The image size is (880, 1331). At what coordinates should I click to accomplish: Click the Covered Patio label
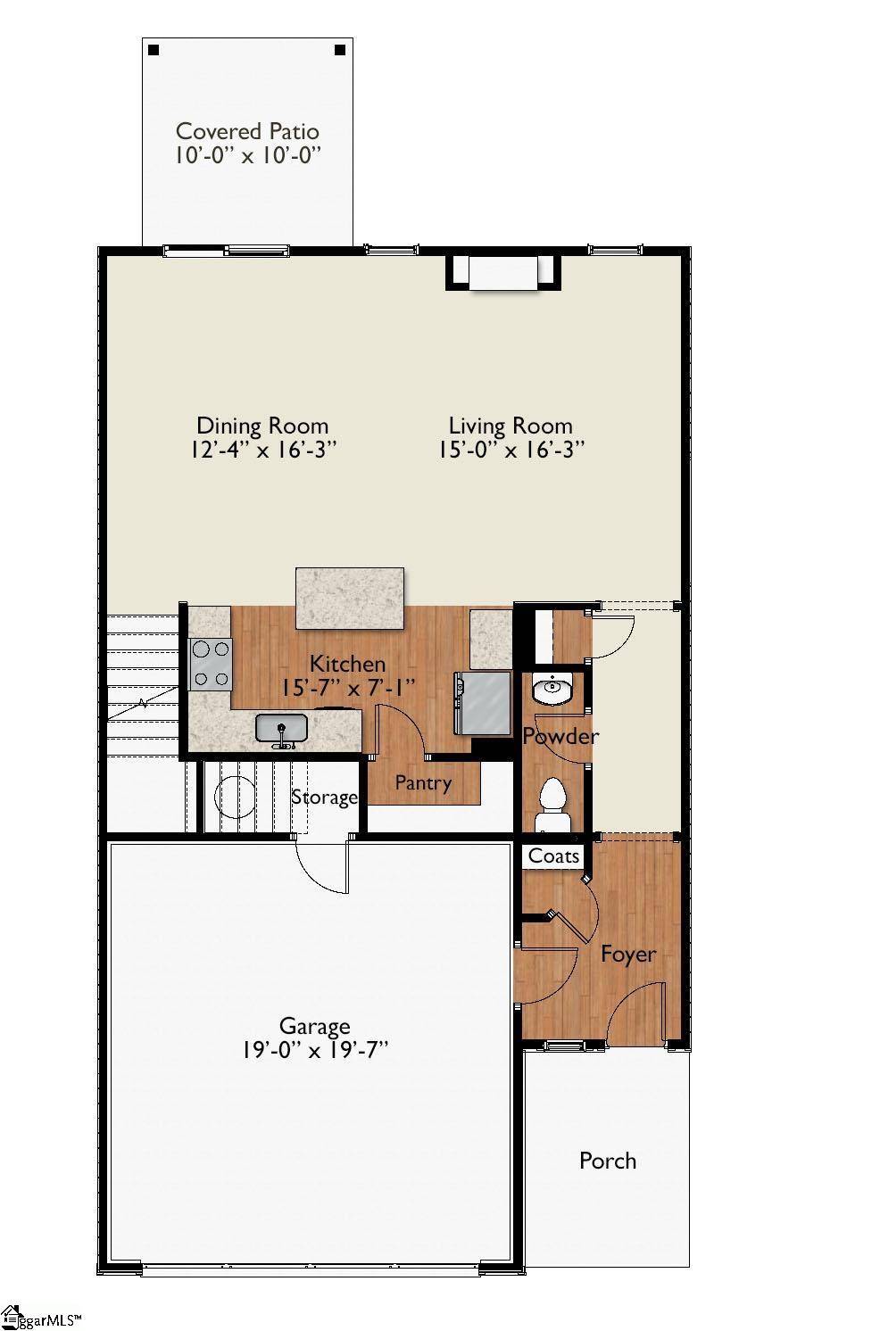[246, 131]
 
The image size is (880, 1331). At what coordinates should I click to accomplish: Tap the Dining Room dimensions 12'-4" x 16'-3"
[262, 450]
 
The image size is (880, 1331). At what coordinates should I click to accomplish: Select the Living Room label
[510, 426]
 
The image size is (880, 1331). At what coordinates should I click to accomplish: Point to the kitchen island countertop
[349, 597]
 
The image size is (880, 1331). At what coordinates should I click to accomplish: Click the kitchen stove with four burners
[211, 665]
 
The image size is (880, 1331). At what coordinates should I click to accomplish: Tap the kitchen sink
[281, 729]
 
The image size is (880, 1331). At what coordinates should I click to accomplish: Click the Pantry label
[423, 783]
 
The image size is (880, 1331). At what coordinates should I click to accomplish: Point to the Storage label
[324, 797]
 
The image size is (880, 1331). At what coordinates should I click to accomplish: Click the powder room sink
[553, 690]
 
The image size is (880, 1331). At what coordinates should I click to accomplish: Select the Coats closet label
[553, 856]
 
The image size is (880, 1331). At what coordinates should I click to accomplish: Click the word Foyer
[627, 954]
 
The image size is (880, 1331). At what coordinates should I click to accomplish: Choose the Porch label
[607, 1161]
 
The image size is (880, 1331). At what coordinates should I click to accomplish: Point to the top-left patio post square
[154, 50]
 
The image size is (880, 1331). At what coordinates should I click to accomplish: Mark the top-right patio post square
[339, 50]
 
